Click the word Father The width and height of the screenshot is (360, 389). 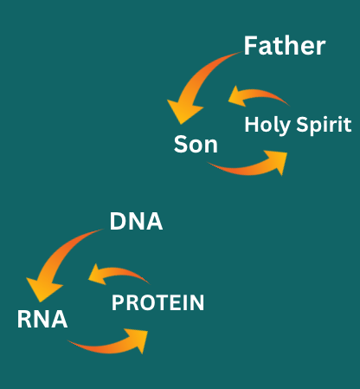(285, 46)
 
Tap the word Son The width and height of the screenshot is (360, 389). (196, 144)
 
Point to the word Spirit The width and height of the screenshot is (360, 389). (324, 125)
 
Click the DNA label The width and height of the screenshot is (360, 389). (136, 221)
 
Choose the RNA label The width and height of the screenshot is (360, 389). (42, 319)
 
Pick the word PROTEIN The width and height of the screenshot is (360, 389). (157, 302)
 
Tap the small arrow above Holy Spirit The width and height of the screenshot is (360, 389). (257, 94)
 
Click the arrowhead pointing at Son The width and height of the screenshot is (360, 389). (183, 111)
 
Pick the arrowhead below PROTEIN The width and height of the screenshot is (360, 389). (138, 340)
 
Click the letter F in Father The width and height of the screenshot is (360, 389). (250, 46)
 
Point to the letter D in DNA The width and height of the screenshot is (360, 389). (117, 221)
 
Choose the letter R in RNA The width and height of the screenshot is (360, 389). (24, 319)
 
